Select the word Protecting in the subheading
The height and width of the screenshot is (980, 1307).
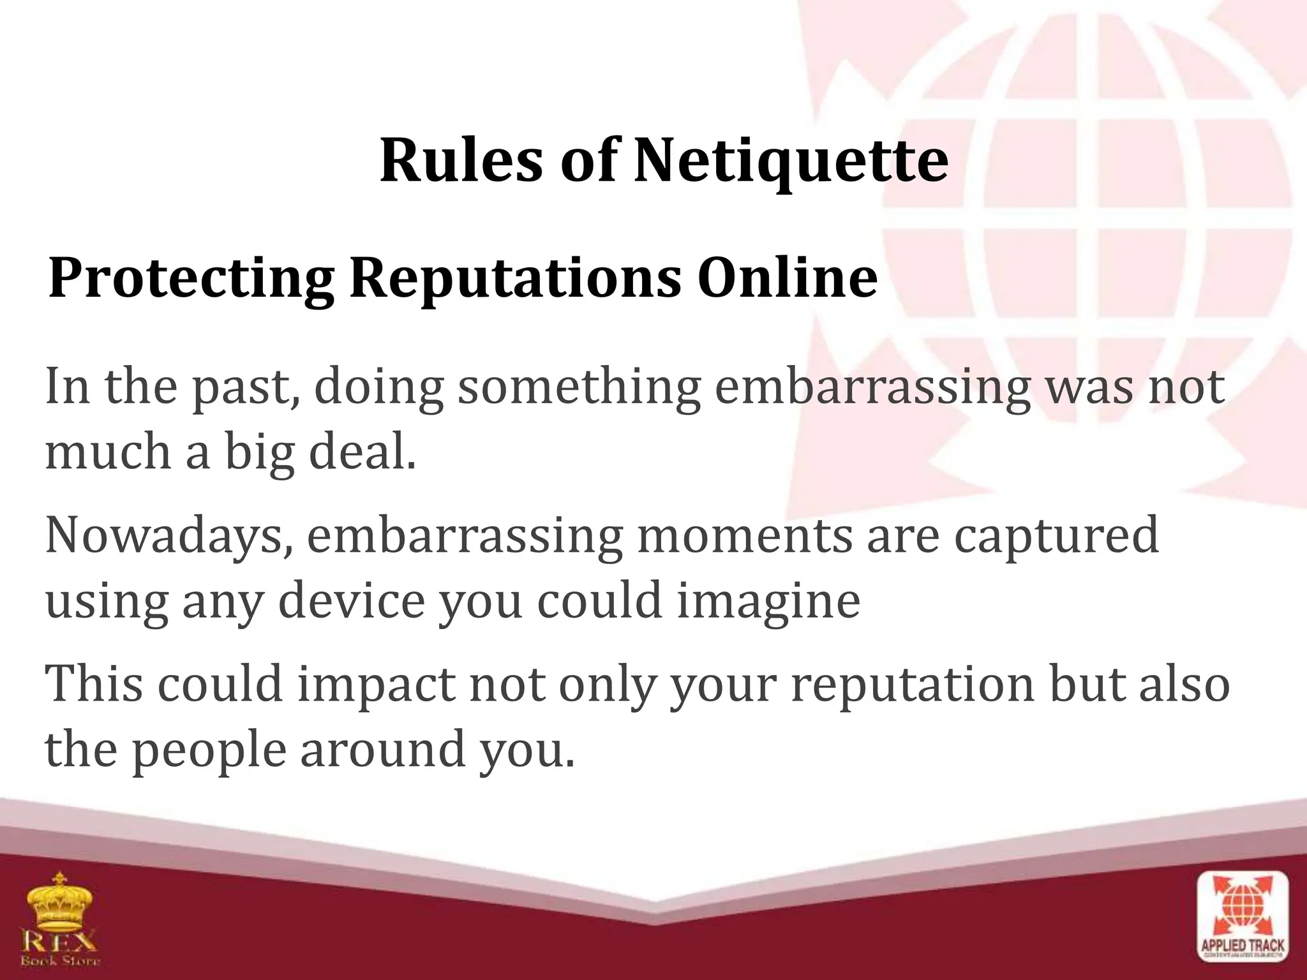click(191, 279)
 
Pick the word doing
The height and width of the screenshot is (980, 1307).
click(379, 388)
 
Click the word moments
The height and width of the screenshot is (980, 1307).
click(744, 535)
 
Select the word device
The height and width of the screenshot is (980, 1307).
click(352, 600)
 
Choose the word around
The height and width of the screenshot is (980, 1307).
click(382, 749)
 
